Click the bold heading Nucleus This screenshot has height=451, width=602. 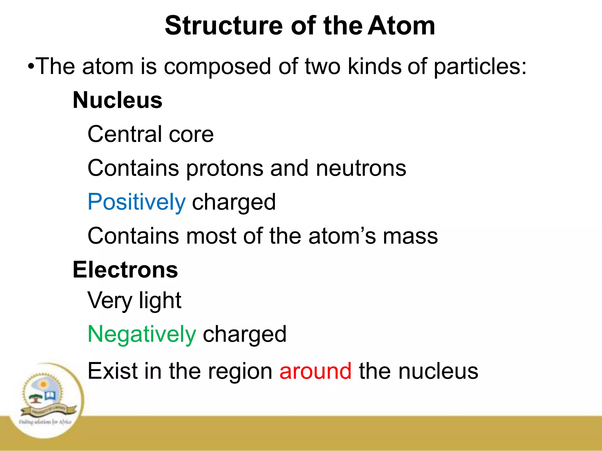point(118,100)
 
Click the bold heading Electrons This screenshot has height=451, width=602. point(125,270)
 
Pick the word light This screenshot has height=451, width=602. point(160,301)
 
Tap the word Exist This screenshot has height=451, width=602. point(113,371)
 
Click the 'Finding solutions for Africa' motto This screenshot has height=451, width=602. point(45,422)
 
